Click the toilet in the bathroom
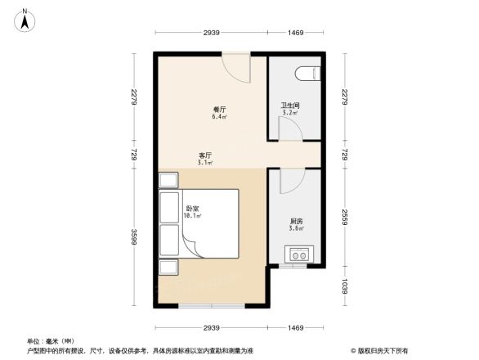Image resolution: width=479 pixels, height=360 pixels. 308,74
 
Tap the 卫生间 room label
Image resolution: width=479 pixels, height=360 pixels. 290,106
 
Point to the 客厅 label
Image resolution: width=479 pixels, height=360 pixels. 205,155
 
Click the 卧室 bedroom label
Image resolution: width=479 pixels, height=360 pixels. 193,209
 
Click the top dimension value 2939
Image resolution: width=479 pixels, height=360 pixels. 212,32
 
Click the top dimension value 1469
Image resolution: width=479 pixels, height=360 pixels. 295,32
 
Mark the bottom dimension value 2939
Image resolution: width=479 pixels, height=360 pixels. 212,327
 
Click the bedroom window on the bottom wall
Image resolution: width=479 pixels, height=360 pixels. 212,306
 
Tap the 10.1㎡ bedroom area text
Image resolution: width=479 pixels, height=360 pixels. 193,217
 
